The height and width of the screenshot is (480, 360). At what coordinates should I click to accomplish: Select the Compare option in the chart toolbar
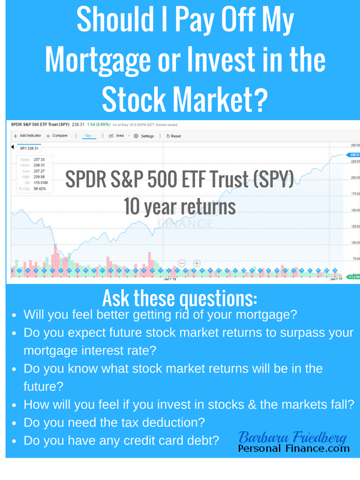click(58, 136)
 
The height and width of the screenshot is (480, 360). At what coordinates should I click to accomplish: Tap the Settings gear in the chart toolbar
click(144, 136)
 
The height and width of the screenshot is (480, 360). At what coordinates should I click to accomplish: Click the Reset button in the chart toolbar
click(173, 136)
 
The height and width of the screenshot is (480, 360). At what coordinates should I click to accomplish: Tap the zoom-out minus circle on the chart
click(181, 263)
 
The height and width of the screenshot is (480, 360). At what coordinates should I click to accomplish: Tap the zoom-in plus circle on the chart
click(196, 263)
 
